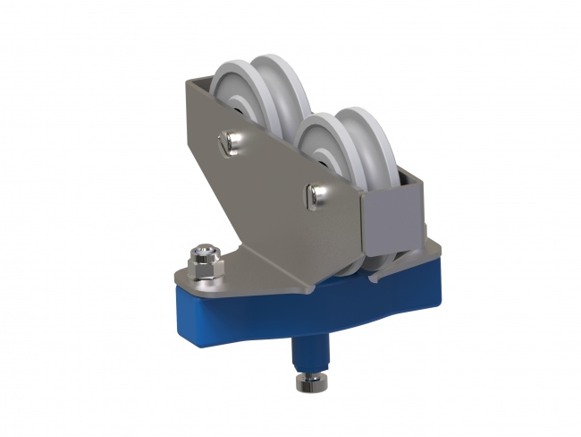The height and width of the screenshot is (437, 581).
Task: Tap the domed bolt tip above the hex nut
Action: click(x=205, y=248)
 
